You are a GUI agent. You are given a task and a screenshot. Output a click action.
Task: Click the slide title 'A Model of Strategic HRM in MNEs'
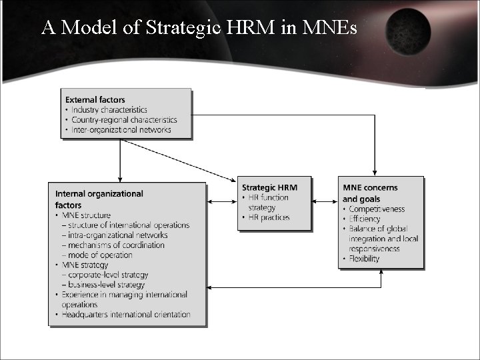coord(199,27)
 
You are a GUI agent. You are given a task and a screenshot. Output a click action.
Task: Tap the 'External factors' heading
coord(95,100)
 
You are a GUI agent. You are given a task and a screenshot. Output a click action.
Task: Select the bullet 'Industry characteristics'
coord(109,110)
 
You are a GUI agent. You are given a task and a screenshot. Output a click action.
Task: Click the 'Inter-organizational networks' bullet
coord(121,130)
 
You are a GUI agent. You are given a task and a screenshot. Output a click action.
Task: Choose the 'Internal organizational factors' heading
coord(99,199)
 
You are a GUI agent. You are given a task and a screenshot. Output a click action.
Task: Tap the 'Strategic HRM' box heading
coord(269,188)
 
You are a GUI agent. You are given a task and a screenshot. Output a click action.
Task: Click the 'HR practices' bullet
coord(269,217)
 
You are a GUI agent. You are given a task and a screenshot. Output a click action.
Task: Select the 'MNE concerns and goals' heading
coord(370,193)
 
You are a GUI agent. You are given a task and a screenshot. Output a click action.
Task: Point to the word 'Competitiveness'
coord(377,209)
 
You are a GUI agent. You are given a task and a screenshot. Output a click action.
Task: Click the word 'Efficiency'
coord(365,219)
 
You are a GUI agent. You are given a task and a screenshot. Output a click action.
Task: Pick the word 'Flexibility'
coord(364,259)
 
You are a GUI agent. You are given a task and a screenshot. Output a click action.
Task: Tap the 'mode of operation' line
coord(99,255)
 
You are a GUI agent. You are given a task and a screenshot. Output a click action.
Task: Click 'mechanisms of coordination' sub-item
coord(115,245)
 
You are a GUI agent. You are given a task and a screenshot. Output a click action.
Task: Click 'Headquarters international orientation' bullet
coord(126,315)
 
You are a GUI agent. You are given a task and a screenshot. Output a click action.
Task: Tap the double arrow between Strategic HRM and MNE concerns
coord(325,202)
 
